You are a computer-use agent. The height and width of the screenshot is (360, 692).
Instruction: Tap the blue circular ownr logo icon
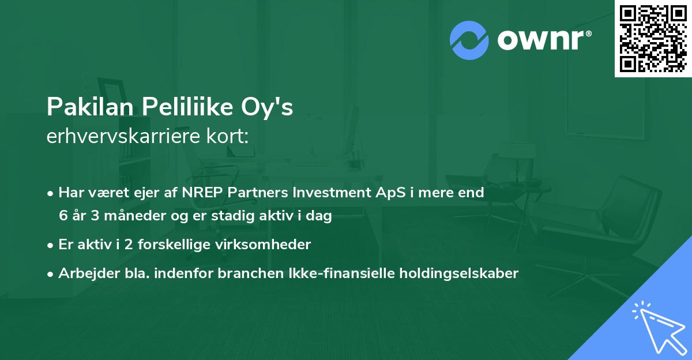pos(468,40)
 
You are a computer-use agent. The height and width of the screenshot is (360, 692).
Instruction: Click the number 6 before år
pos(63,216)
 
